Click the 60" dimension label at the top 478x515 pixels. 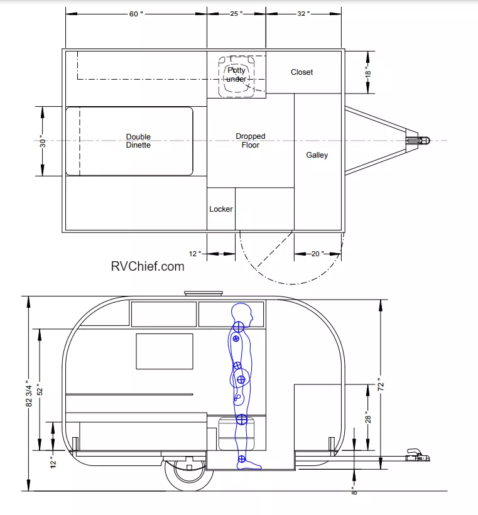click(136, 14)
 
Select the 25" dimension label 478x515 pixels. click(236, 14)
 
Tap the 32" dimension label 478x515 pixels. click(303, 14)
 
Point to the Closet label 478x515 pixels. click(301, 72)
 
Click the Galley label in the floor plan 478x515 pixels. click(317, 155)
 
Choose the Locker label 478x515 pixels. click(220, 209)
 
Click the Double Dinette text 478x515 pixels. click(138, 141)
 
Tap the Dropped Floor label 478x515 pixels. click(251, 141)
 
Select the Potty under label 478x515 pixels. click(236, 75)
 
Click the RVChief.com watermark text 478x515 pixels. click(148, 266)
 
